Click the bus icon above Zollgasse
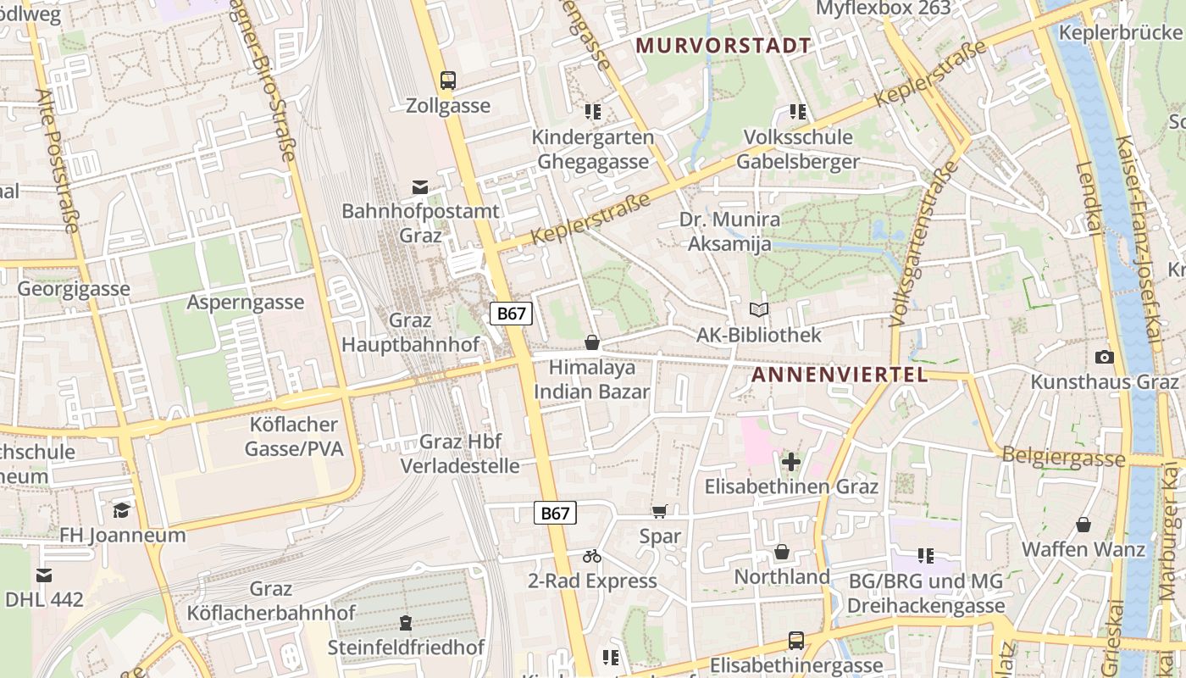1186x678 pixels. click(448, 81)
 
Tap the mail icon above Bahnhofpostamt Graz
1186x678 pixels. click(420, 187)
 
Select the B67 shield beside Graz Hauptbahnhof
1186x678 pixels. click(511, 314)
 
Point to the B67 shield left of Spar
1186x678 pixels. click(555, 513)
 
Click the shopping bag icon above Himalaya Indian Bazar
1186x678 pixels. click(592, 342)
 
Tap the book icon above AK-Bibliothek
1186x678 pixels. click(759, 310)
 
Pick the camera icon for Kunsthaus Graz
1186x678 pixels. click(1104, 357)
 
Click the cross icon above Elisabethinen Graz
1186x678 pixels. click(791, 462)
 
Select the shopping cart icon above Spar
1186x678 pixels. click(660, 511)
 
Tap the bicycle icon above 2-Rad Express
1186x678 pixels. click(592, 556)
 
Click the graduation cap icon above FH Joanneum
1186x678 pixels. click(122, 509)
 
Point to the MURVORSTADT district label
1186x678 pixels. click(723, 46)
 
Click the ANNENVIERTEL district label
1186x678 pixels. click(840, 375)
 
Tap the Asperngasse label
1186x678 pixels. click(246, 303)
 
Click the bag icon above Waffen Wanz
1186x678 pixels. click(1083, 525)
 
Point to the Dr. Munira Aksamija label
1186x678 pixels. click(729, 232)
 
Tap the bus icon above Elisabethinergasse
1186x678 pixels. click(796, 640)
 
